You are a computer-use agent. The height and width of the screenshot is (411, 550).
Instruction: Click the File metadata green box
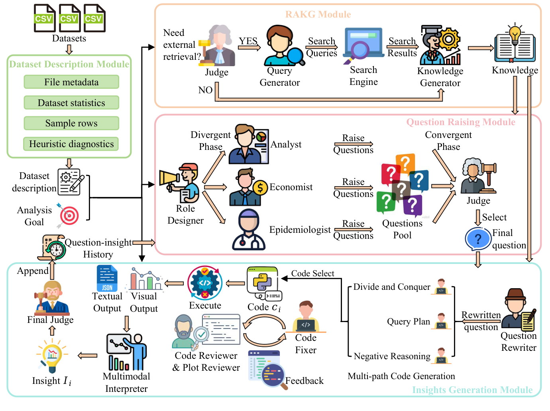[x=71, y=82]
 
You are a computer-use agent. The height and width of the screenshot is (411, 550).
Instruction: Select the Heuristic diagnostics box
[x=71, y=144]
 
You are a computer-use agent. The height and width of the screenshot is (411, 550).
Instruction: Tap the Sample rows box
[x=71, y=123]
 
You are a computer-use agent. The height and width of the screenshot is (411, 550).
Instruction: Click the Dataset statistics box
[x=71, y=103]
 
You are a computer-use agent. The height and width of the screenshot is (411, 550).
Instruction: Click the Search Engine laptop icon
[x=363, y=45]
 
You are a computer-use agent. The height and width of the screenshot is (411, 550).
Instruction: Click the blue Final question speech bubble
[x=478, y=239]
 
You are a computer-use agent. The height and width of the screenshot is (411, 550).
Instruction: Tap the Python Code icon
[x=263, y=283]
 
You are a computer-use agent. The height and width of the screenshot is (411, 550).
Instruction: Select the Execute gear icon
[x=205, y=283]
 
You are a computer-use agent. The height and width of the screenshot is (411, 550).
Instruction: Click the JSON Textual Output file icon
[x=107, y=279]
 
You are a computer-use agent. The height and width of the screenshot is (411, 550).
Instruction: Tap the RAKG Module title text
[x=318, y=15]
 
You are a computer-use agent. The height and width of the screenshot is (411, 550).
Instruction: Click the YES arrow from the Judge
[x=249, y=47]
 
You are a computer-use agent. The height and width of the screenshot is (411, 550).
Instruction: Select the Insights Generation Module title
[x=472, y=390]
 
